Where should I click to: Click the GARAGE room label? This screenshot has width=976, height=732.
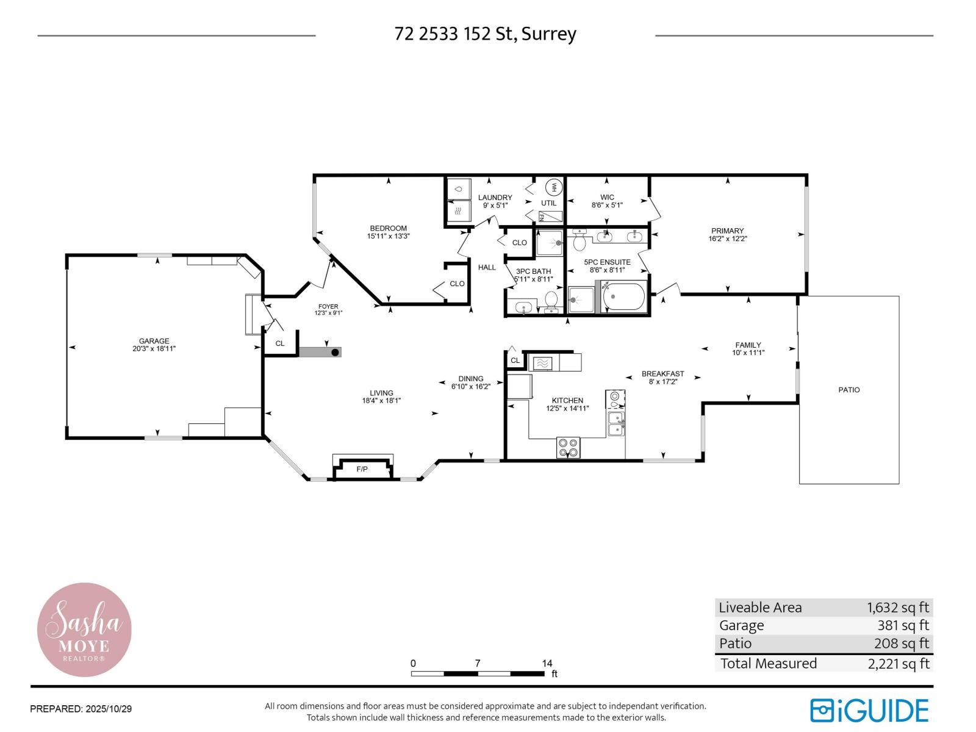pyautogui.click(x=154, y=341)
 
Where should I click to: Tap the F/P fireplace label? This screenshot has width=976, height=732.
pyautogui.click(x=362, y=469)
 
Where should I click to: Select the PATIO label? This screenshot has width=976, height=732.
pyautogui.click(x=849, y=390)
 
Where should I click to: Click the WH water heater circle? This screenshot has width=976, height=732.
pyautogui.click(x=554, y=187)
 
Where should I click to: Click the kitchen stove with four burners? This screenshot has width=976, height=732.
pyautogui.click(x=569, y=448)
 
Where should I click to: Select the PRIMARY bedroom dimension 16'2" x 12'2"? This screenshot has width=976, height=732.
pyautogui.click(x=727, y=239)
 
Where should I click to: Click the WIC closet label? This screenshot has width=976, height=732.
pyautogui.click(x=607, y=197)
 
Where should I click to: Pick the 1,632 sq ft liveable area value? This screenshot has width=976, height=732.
pyautogui.click(x=897, y=608)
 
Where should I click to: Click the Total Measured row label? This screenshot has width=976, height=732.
pyautogui.click(x=768, y=664)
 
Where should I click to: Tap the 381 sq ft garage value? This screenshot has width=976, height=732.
pyautogui.click(x=902, y=625)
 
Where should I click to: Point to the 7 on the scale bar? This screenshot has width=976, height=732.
pyautogui.click(x=478, y=664)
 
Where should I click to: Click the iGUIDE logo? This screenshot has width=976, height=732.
pyautogui.click(x=869, y=711)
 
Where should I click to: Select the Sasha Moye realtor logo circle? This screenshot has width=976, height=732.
pyautogui.click(x=84, y=630)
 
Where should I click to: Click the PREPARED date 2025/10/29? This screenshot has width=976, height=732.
pyautogui.click(x=109, y=709)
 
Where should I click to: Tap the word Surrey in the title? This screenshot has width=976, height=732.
pyautogui.click(x=548, y=34)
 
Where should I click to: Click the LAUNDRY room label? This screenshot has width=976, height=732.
pyautogui.click(x=495, y=197)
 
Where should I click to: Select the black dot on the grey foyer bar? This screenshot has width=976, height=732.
pyautogui.click(x=335, y=353)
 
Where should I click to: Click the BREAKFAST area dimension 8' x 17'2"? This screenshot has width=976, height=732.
pyautogui.click(x=662, y=381)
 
